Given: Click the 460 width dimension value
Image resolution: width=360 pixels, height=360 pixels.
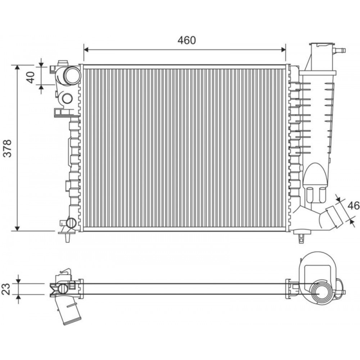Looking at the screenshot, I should point(186,40).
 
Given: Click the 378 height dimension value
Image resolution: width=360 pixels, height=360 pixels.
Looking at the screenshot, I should point(8,148).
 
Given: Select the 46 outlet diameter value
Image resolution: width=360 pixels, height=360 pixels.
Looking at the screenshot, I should point(354,206).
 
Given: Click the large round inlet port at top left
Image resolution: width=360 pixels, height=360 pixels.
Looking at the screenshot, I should point(72,76).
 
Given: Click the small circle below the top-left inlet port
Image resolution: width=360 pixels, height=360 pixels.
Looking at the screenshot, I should point(67,98).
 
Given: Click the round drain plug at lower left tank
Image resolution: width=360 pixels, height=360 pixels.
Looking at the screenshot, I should point(71,223).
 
